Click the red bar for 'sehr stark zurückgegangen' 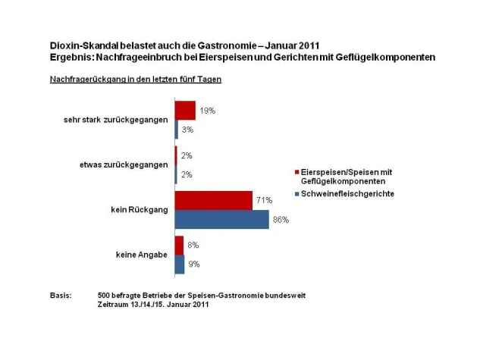[x=185, y=111]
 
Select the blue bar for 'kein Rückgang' [x=221, y=219]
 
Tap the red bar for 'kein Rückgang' [x=213, y=200]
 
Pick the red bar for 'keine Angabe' [x=179, y=246]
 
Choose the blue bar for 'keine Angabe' [x=180, y=265]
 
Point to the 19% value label [x=208, y=111]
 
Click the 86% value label [x=281, y=220]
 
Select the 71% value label [x=265, y=200]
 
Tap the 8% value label [x=193, y=246]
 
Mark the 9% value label [x=194, y=265]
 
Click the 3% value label [x=187, y=130]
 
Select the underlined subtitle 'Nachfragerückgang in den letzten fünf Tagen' [x=125, y=80]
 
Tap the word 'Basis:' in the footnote [x=61, y=295]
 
